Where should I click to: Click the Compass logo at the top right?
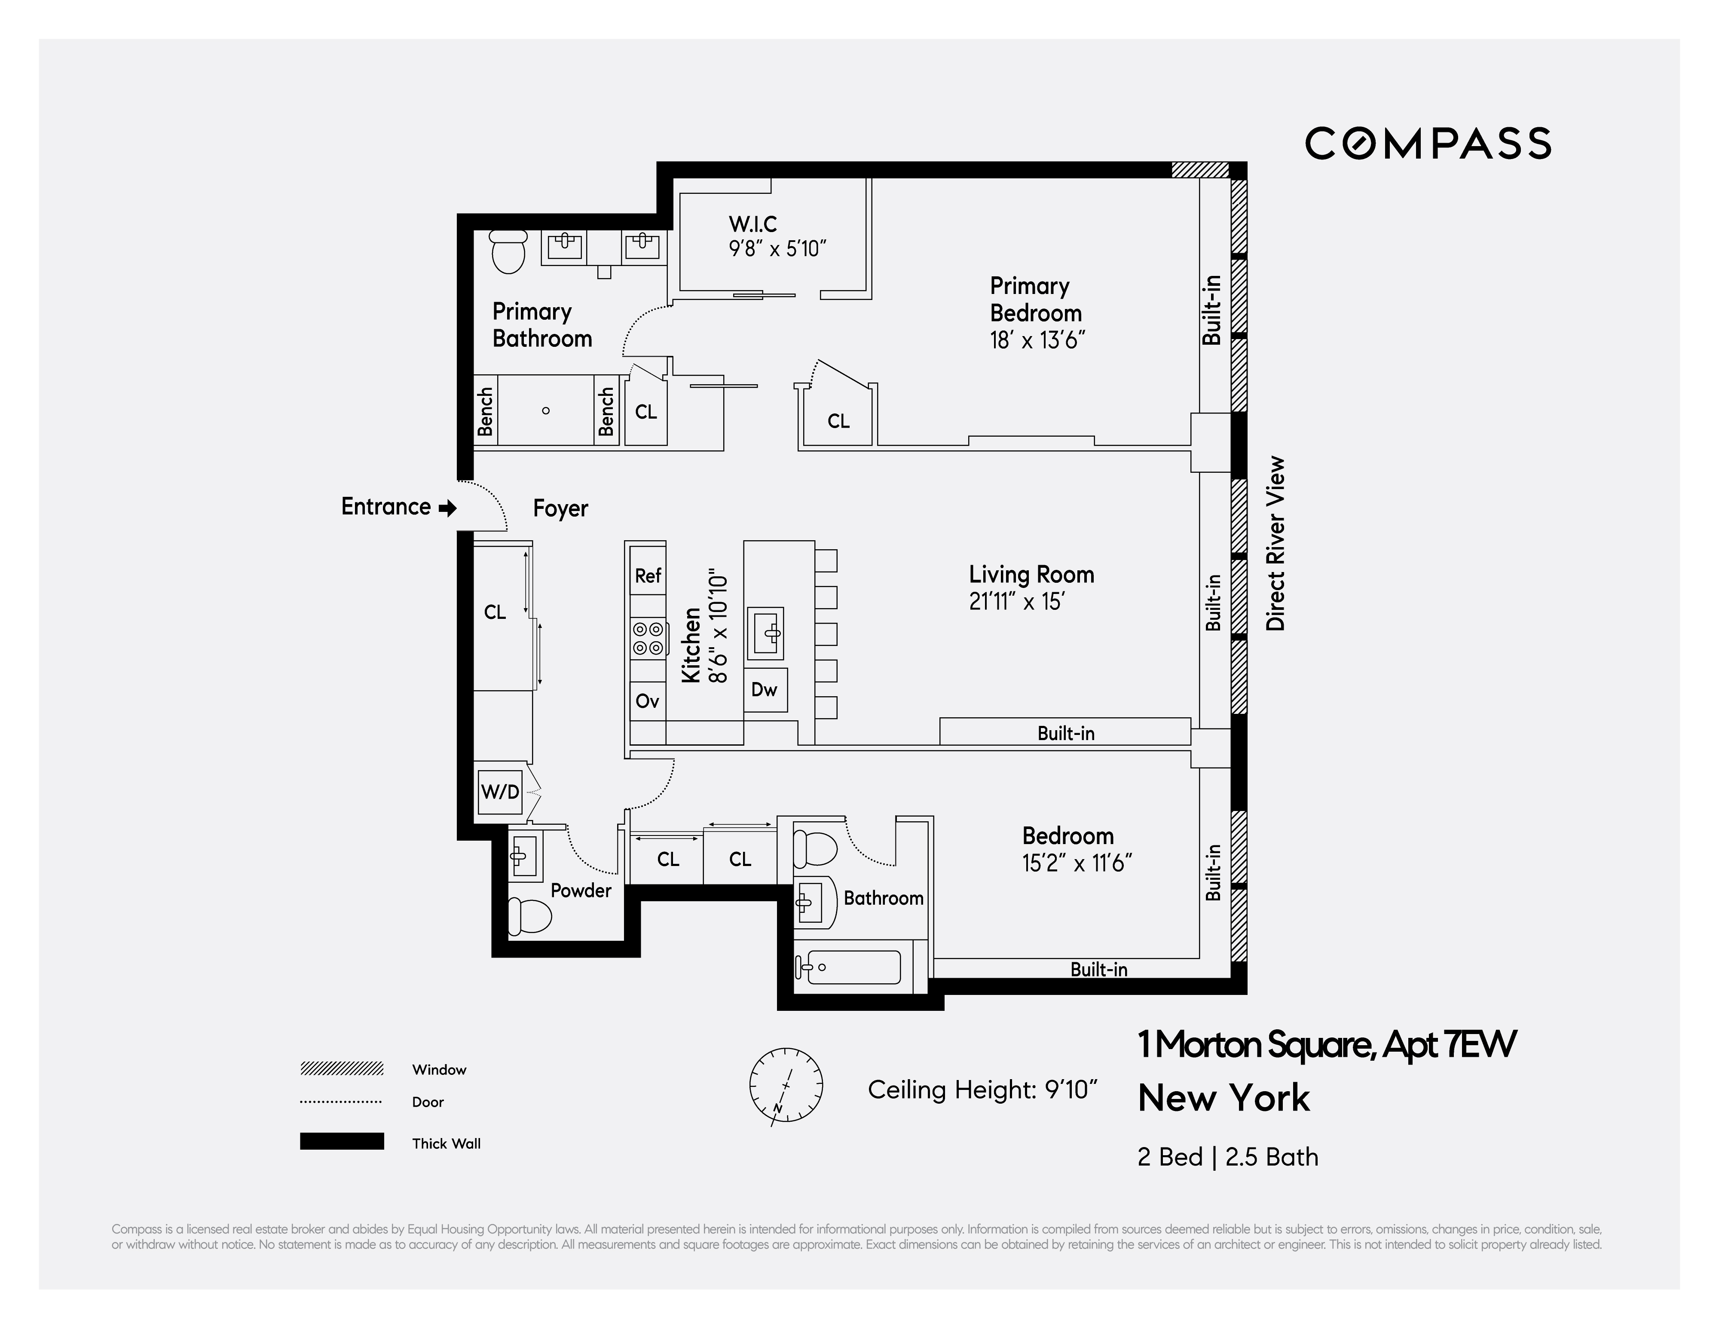pyautogui.click(x=1427, y=143)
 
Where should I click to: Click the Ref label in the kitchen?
pyautogui.click(x=648, y=575)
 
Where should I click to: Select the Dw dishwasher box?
pyautogui.click(x=764, y=690)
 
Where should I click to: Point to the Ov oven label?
pyautogui.click(x=647, y=701)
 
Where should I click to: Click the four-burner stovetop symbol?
pyautogui.click(x=648, y=638)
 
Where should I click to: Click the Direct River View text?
pyautogui.click(x=1275, y=543)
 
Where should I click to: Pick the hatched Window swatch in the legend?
pyautogui.click(x=342, y=1068)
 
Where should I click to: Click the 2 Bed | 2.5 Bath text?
pyautogui.click(x=1227, y=1157)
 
